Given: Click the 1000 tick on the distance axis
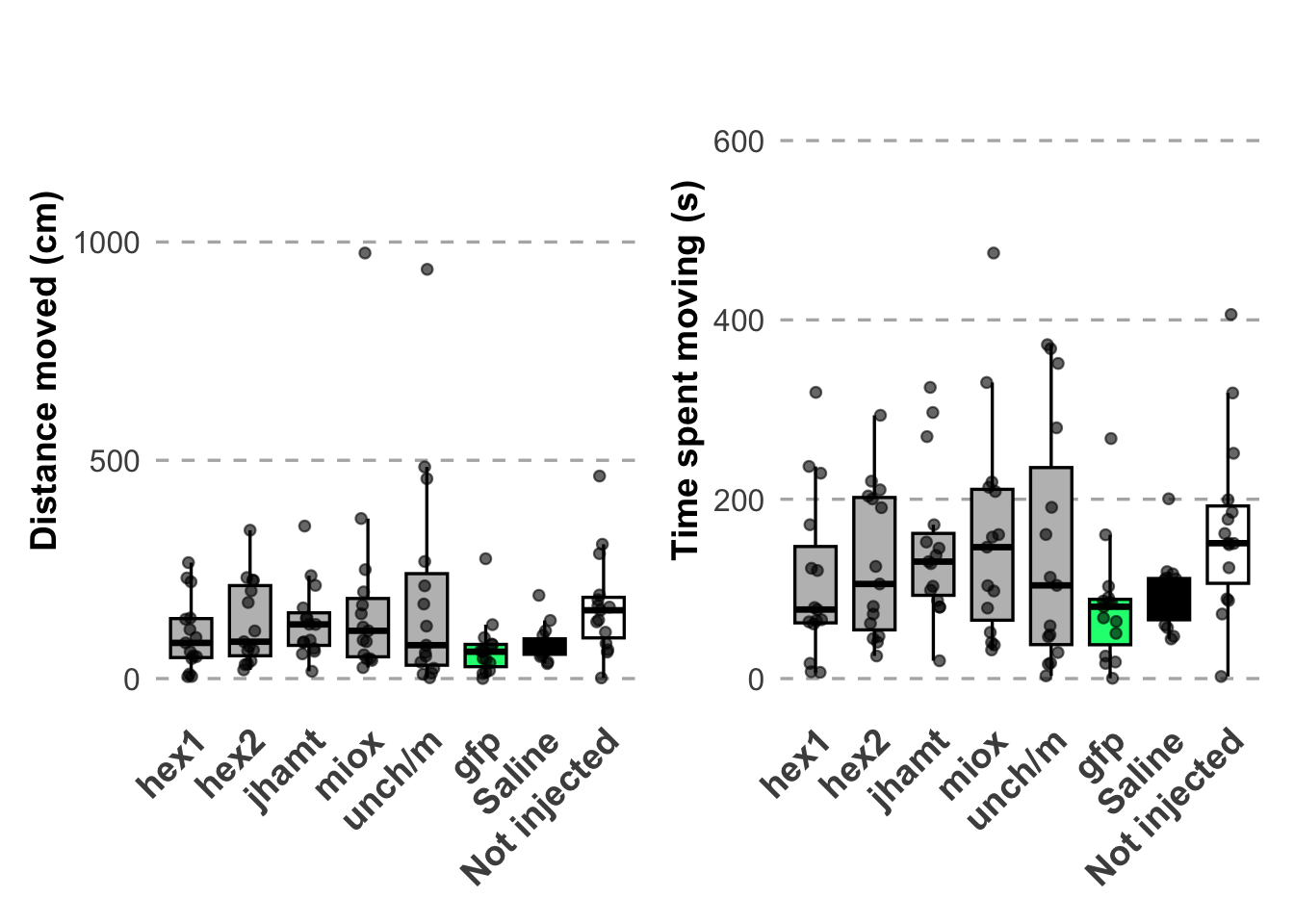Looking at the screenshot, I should point(106,243).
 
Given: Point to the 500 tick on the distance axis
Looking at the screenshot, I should point(115,461).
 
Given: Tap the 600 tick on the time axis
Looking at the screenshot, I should point(738,141).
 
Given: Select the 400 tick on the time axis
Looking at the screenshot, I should point(738,321).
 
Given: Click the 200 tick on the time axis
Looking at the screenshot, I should point(738,500).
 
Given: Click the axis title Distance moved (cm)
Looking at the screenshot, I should point(45,371).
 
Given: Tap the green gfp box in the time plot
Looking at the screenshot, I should point(1110,623).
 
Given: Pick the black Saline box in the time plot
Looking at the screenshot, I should point(1169,599).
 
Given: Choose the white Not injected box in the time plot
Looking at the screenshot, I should point(1228,544).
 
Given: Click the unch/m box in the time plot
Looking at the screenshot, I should point(1050,555).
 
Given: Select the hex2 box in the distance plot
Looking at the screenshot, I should point(249,621).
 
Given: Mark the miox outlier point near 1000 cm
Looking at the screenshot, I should point(365,253).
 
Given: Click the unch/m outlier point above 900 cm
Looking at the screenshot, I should point(427,269).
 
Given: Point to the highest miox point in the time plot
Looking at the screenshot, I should point(994,253).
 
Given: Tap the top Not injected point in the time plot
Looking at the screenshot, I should point(1230,315).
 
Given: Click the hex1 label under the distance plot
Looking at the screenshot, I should point(170,766).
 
